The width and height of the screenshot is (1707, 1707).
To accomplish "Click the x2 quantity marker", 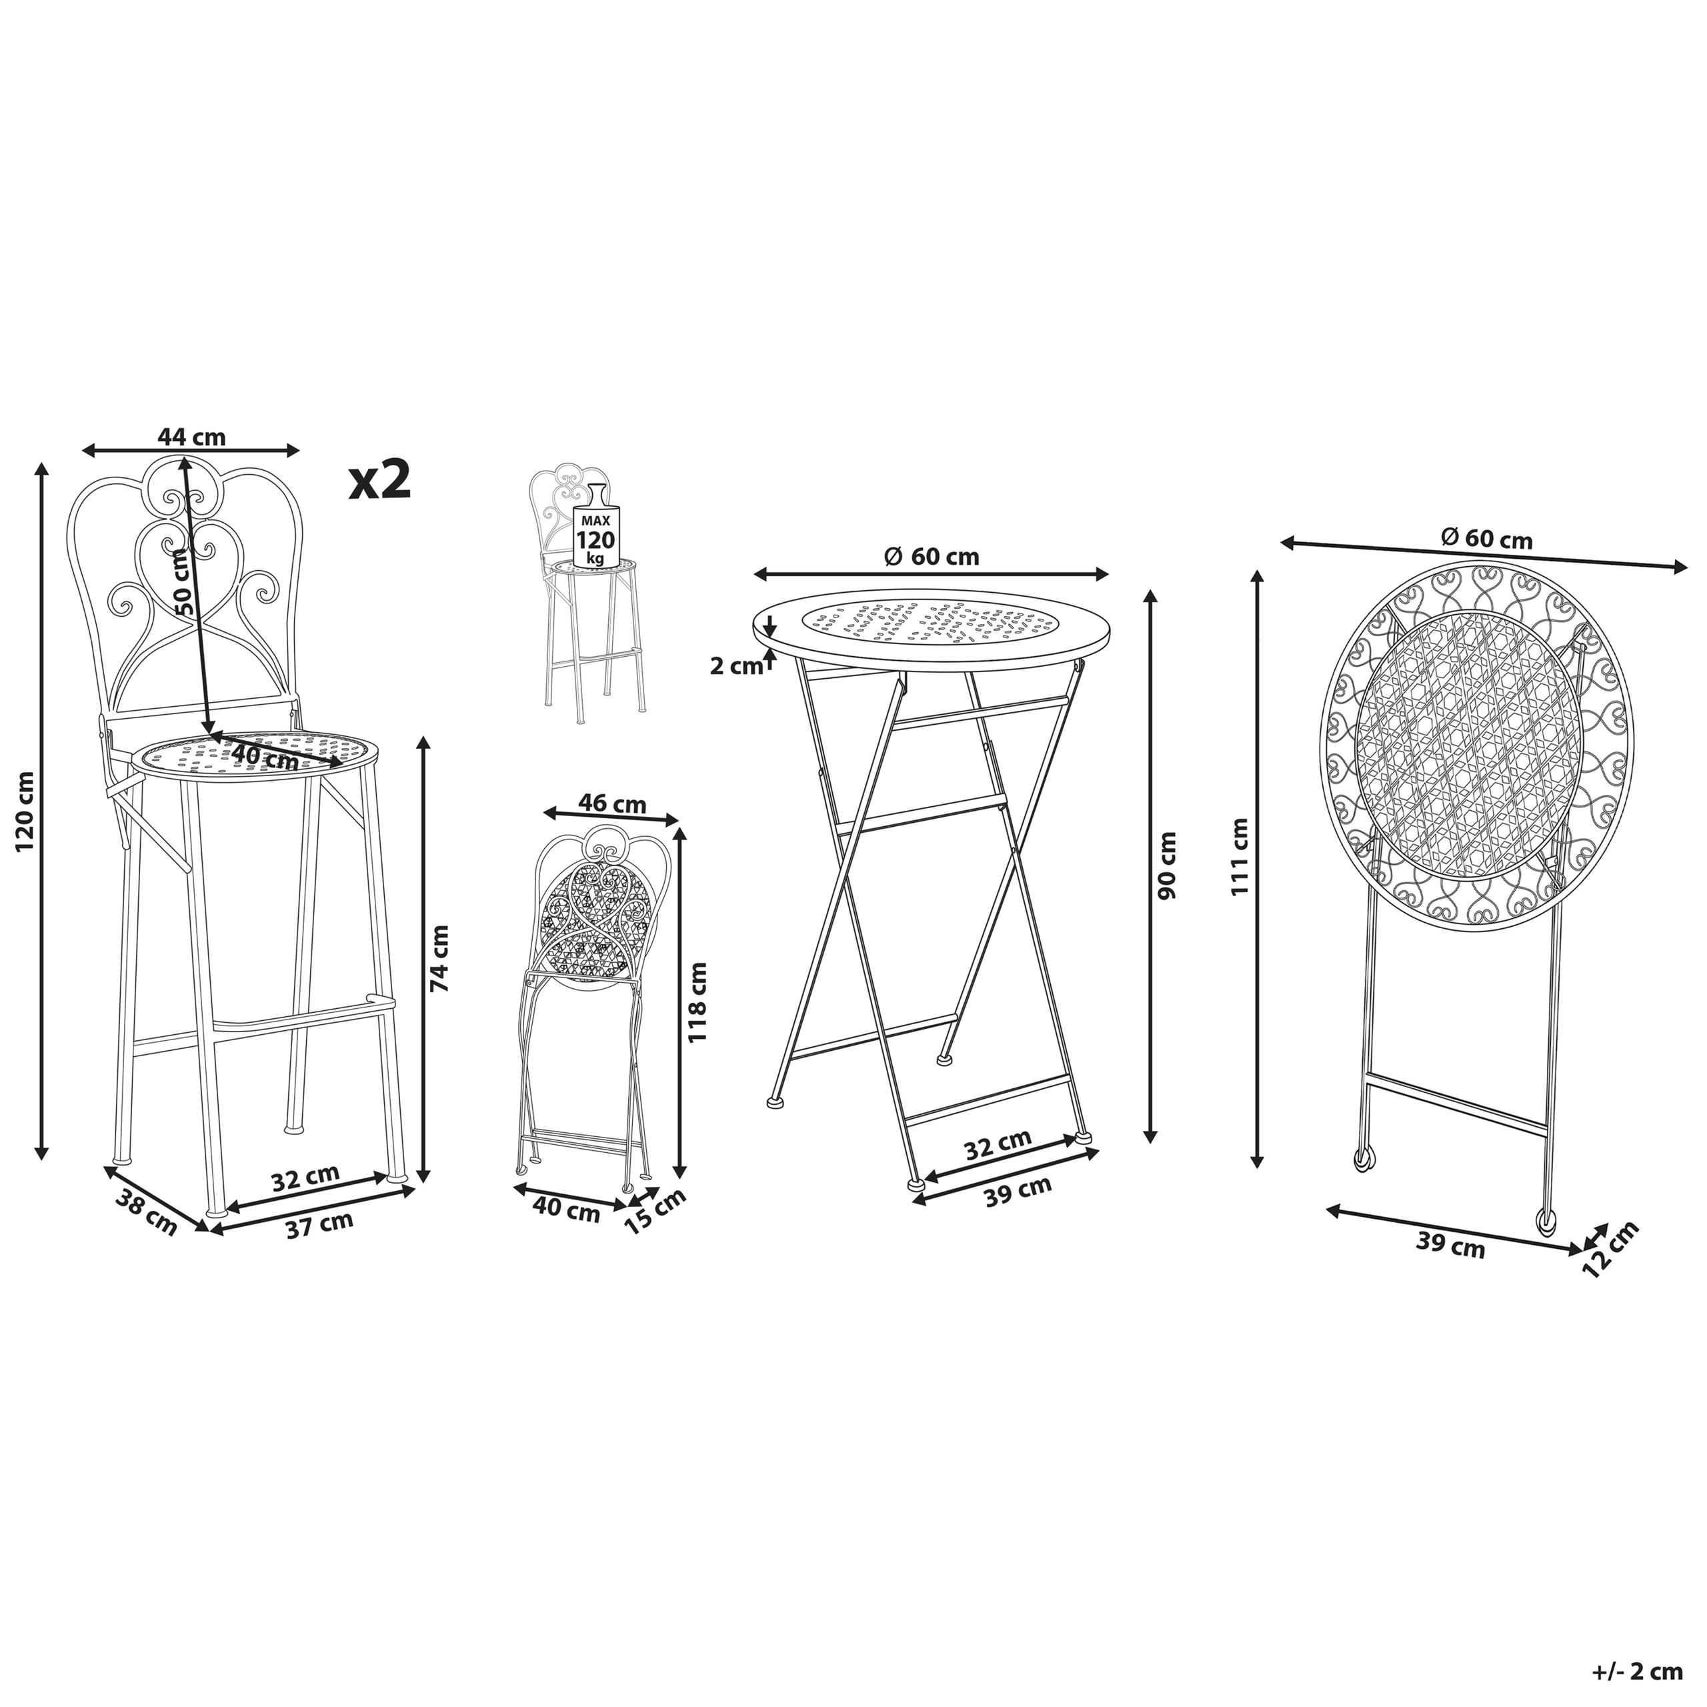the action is click(380, 481).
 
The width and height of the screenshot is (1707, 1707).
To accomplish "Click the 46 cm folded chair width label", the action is click(612, 804).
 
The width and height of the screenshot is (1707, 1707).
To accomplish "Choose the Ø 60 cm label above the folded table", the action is click(1486, 538).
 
